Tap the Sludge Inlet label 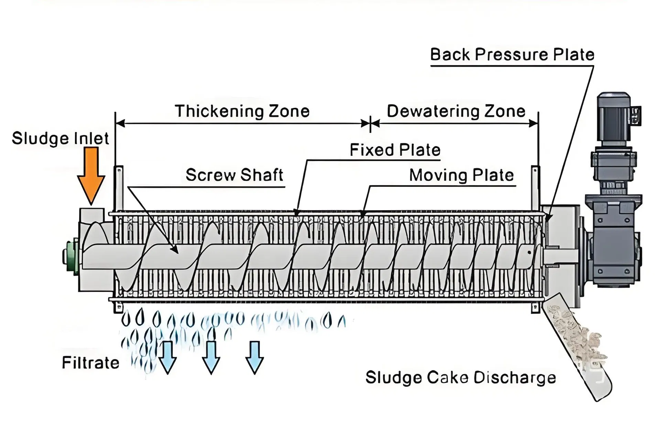(60, 138)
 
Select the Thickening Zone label (242, 111)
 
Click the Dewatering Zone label (456, 111)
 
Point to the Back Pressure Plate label (512, 55)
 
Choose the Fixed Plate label (395, 150)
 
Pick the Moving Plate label (461, 175)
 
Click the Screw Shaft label (234, 175)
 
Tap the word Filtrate (90, 363)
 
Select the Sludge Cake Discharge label (460, 378)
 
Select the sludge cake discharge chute (578, 348)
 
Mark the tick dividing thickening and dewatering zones (370, 123)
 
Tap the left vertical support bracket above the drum (119, 188)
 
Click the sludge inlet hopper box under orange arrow (91, 215)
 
